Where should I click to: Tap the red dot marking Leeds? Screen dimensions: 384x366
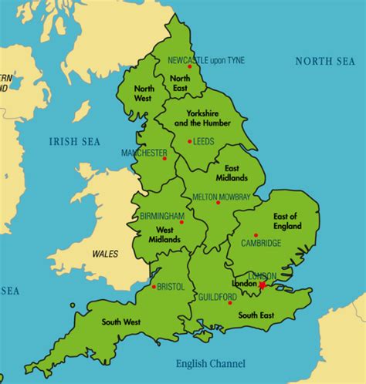(189, 141)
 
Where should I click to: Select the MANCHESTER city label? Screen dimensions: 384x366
(144, 153)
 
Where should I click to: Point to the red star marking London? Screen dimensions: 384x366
(263, 285)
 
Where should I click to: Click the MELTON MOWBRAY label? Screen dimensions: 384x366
(222, 197)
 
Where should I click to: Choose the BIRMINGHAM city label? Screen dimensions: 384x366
(162, 217)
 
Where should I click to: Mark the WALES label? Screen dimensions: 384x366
(105, 253)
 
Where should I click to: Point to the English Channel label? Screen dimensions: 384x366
(211, 363)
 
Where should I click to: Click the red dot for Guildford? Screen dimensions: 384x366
(229, 303)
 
